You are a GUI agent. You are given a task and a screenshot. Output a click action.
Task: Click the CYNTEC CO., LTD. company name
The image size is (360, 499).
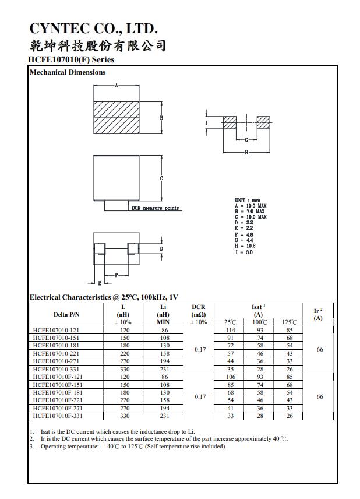(93, 29)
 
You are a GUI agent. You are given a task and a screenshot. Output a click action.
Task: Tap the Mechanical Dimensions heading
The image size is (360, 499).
(68, 72)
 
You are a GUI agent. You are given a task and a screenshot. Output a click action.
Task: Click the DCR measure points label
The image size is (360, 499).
(155, 208)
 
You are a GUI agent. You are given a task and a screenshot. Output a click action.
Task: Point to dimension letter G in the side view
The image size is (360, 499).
(247, 140)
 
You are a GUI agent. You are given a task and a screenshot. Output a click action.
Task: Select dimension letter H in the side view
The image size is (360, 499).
(247, 152)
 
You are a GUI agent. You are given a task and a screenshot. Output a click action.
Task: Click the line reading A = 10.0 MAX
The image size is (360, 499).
(250, 206)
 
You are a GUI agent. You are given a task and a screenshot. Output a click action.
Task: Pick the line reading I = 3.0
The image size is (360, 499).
(244, 252)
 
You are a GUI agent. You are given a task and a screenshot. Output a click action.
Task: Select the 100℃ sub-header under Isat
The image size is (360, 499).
(259, 322)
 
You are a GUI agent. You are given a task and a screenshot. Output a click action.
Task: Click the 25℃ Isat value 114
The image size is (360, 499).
(230, 330)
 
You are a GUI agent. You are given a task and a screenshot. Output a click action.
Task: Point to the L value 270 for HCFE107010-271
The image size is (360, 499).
(123, 361)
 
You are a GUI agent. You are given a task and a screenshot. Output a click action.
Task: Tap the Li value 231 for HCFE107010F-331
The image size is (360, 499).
(163, 416)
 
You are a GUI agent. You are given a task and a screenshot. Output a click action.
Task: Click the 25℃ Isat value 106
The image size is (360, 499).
(230, 377)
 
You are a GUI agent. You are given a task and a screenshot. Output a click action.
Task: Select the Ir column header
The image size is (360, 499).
(318, 314)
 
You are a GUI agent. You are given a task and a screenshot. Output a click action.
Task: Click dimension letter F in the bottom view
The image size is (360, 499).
(117, 275)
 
